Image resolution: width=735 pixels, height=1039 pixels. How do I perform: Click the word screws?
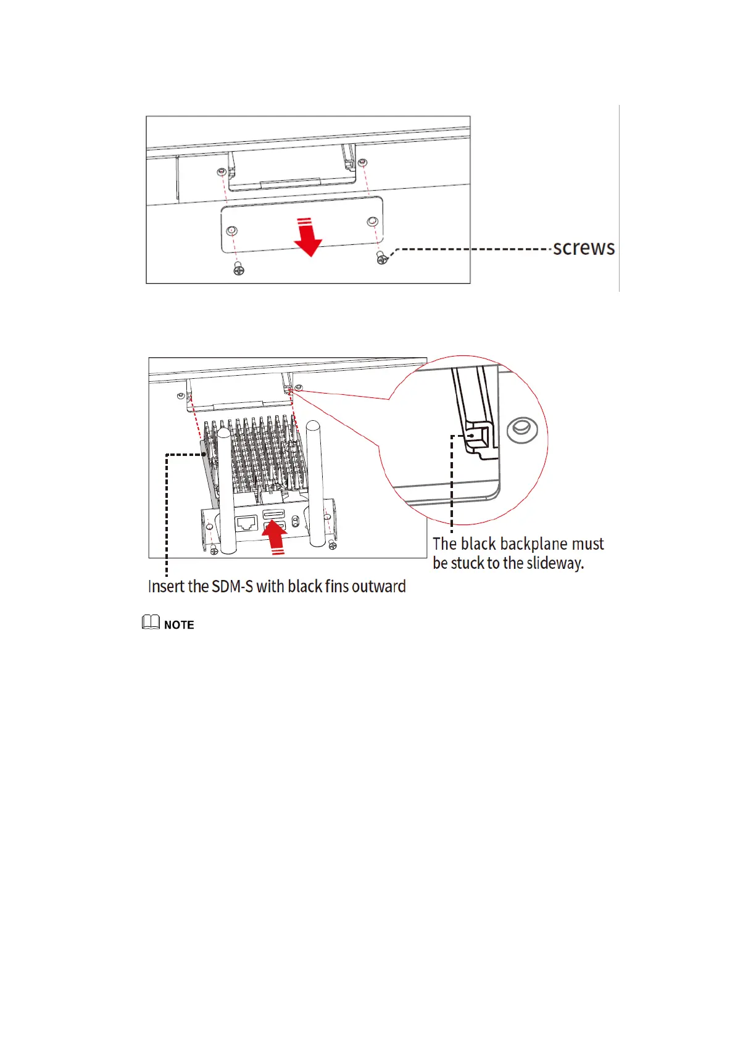(583, 248)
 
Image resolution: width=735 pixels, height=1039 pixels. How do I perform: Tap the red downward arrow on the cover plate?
(307, 237)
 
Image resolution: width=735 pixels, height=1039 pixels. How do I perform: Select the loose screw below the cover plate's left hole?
(239, 269)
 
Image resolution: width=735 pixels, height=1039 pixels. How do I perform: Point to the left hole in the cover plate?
(231, 230)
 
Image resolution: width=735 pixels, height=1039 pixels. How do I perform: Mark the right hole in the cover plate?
(372, 221)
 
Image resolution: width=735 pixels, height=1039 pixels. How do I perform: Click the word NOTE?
(179, 625)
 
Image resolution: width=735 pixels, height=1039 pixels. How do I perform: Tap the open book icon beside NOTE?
(151, 623)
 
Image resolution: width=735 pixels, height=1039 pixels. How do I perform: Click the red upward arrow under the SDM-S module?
(275, 537)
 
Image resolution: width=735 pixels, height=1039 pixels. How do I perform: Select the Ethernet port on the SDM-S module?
(247, 523)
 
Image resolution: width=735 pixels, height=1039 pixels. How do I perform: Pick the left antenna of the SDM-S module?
(224, 487)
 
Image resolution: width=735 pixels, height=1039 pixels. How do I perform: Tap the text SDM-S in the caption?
(232, 586)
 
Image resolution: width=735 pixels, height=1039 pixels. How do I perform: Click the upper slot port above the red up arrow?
(273, 513)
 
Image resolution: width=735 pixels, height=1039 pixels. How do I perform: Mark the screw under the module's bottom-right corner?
(333, 544)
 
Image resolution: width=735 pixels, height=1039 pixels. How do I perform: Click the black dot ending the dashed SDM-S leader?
(206, 455)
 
